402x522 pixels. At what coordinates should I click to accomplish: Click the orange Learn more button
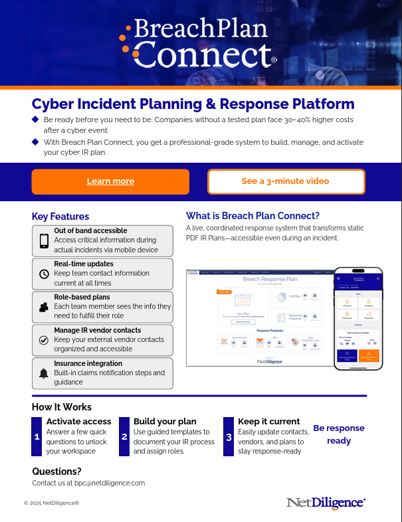[x=110, y=181]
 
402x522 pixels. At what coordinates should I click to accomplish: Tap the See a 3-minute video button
[x=286, y=181]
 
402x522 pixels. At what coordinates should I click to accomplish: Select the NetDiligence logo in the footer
[x=326, y=503]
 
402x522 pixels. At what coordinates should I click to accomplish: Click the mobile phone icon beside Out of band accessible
[x=44, y=240]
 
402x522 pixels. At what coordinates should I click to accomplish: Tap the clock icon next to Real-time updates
[x=44, y=274]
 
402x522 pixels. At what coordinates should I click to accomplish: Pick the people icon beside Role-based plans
[x=44, y=307]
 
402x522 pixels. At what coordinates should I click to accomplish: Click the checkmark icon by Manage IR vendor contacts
[x=44, y=340]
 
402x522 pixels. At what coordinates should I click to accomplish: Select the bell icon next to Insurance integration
[x=44, y=373]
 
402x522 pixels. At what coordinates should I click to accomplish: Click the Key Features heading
[x=60, y=217]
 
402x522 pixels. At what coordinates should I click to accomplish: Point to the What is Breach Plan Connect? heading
[x=252, y=216]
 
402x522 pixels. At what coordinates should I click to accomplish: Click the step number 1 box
[x=37, y=436]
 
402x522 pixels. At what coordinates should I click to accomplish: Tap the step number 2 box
[x=124, y=436]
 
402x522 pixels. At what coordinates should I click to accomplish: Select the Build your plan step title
[x=165, y=421]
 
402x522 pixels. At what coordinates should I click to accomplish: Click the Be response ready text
[x=339, y=434]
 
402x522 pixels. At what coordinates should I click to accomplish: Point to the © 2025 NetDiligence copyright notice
[x=51, y=503]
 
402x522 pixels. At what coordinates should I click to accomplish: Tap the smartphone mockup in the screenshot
[x=358, y=317]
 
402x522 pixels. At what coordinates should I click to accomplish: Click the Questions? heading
[x=56, y=472]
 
